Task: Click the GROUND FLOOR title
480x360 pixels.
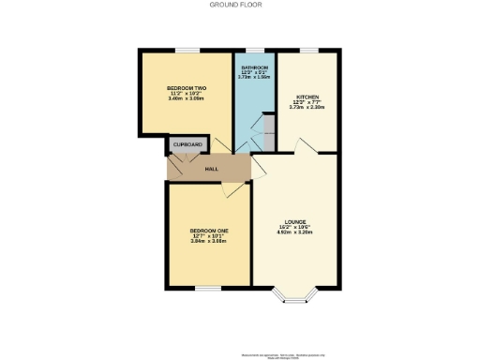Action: click(240, 5)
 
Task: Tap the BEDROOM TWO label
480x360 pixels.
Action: click(187, 88)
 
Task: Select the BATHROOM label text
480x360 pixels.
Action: click(255, 68)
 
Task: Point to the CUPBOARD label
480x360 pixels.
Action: click(187, 145)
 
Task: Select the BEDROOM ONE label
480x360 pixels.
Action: click(208, 231)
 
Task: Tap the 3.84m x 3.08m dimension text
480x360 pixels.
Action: click(208, 242)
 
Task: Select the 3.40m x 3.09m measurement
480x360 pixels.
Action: click(187, 99)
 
